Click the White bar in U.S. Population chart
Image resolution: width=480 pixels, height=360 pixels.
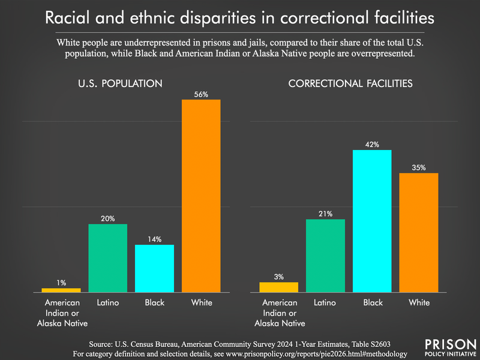(x=201, y=195)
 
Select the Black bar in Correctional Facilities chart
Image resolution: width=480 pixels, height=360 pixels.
(x=372, y=221)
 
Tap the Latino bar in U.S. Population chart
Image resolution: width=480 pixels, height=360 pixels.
(x=108, y=258)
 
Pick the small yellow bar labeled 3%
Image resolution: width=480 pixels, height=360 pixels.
(x=278, y=287)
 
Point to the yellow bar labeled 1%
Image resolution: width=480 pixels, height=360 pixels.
(x=61, y=290)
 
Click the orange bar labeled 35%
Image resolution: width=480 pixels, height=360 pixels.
(x=419, y=232)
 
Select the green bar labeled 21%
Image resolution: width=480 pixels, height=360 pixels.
(x=325, y=256)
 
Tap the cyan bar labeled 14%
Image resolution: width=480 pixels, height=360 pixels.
(x=154, y=268)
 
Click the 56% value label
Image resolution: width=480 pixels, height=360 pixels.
(x=201, y=94)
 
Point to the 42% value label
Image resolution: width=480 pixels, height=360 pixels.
(x=372, y=145)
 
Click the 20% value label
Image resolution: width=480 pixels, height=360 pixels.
(x=108, y=219)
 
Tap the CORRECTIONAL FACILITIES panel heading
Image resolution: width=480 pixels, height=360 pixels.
(x=350, y=83)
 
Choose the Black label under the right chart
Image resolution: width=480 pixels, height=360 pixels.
(x=372, y=302)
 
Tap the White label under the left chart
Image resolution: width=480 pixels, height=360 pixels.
(x=201, y=302)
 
